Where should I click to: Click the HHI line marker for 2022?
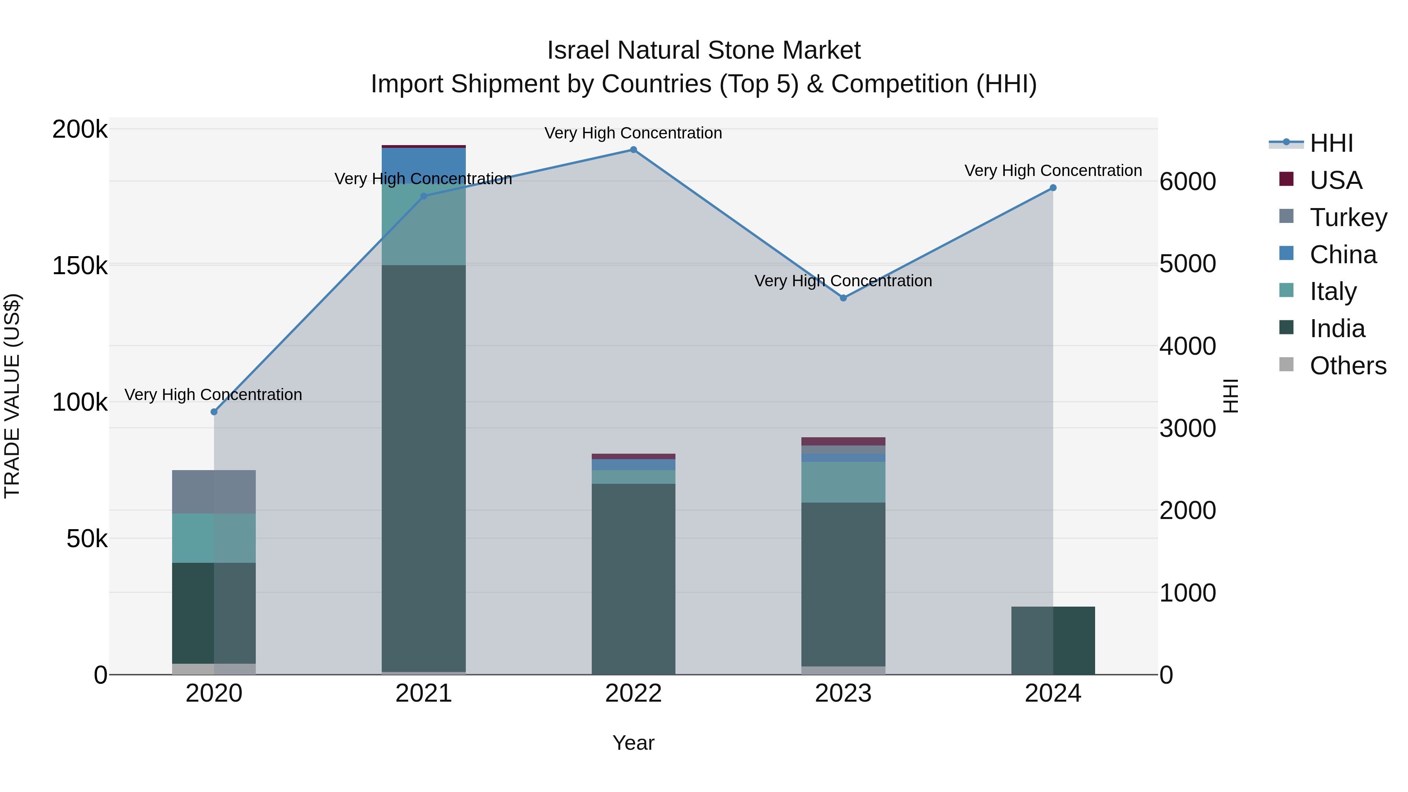tap(634, 150)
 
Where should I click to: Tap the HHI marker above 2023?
tap(843, 298)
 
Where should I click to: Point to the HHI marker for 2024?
tap(1053, 188)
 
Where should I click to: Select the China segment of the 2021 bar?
tap(424, 163)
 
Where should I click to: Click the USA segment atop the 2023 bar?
tap(843, 441)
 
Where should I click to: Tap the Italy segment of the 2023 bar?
tap(843, 482)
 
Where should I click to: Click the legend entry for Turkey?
tap(1348, 217)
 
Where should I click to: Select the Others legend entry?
tap(1348, 366)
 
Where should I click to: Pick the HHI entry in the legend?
tap(1331, 143)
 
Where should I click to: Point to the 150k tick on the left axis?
tap(80, 266)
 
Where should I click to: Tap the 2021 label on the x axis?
tap(424, 693)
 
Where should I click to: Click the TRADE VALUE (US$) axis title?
tap(13, 396)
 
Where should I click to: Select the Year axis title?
tap(634, 743)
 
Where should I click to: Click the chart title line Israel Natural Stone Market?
tap(704, 50)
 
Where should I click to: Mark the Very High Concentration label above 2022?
tap(634, 133)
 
